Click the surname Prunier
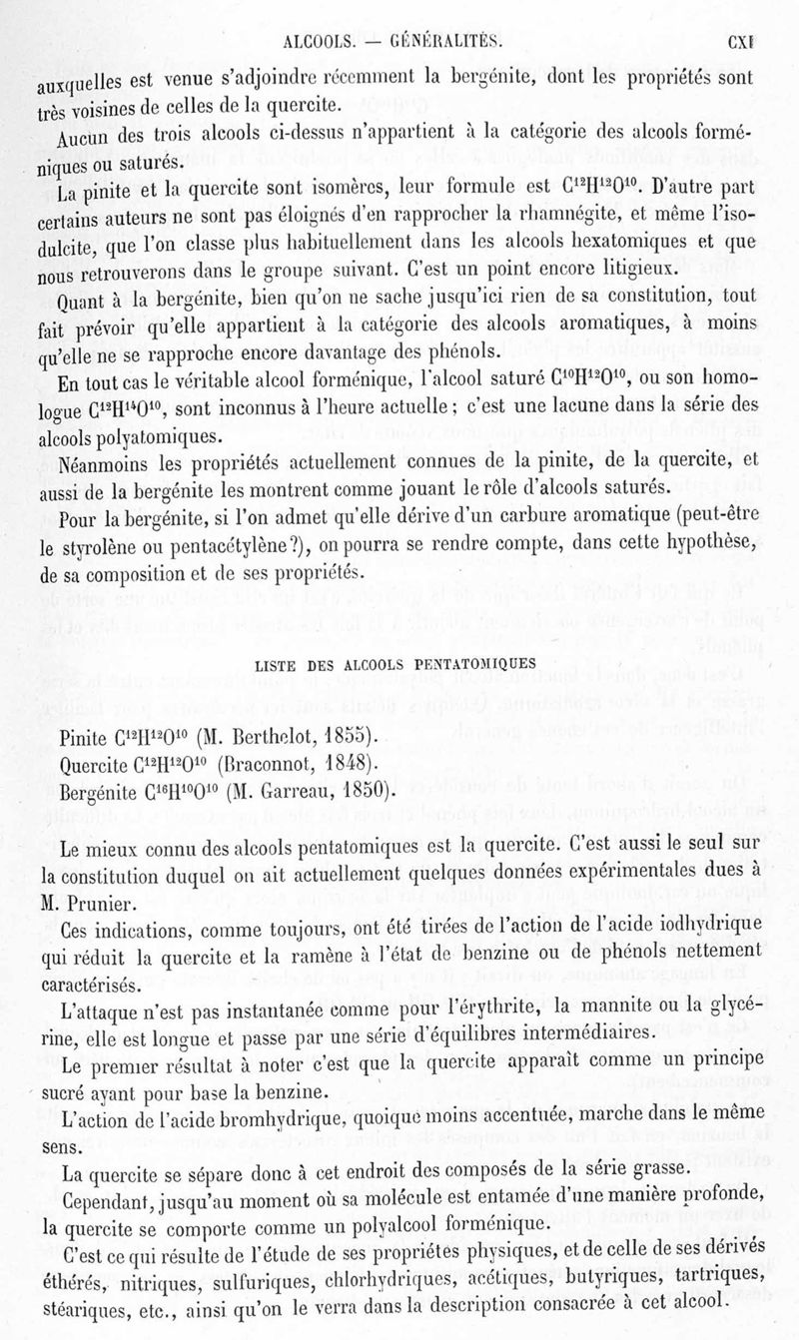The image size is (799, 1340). tap(108, 903)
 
